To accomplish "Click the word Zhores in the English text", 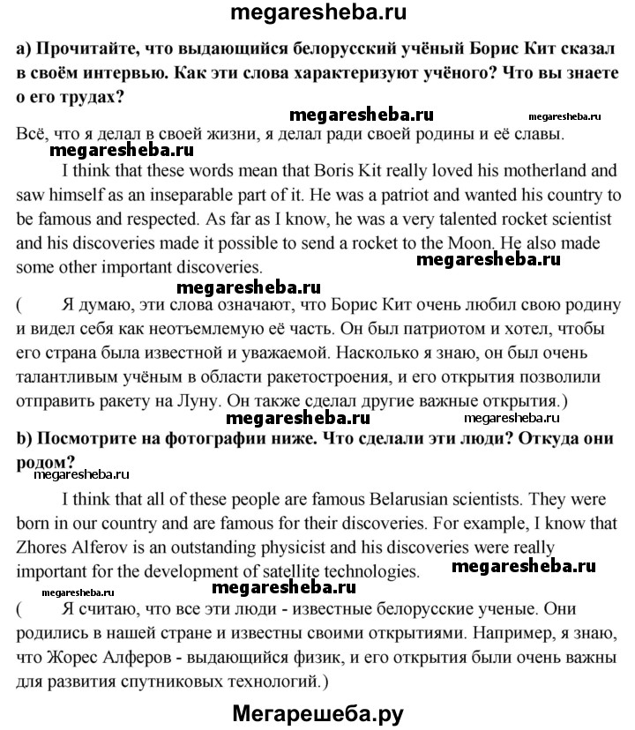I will point(41,523).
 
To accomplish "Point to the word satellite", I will point(285,547).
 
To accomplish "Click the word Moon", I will point(506,240).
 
